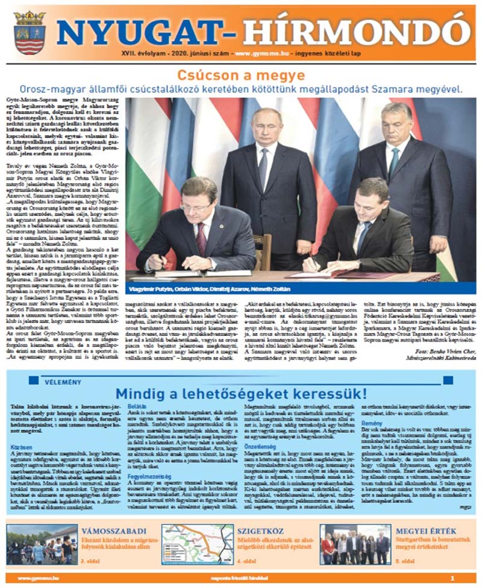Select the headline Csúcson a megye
click(240, 75)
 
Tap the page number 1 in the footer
click(467, 578)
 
